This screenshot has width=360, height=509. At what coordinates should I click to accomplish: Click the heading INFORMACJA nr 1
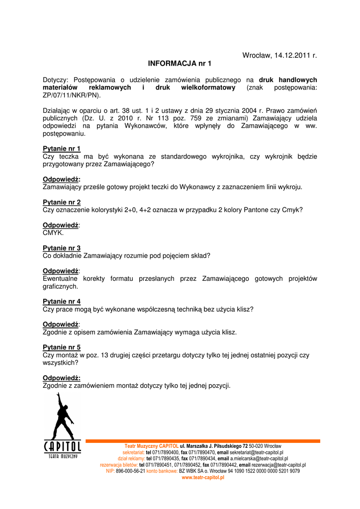[x=180, y=64]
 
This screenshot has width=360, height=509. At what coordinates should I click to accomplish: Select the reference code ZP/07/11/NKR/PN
[x=71, y=95]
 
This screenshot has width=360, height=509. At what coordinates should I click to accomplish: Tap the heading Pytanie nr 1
[x=62, y=149]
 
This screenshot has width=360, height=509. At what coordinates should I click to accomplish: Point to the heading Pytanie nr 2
[x=62, y=202]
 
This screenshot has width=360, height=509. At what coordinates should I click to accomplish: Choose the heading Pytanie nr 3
[x=62, y=248]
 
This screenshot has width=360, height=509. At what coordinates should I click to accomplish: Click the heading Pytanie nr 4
[x=62, y=301]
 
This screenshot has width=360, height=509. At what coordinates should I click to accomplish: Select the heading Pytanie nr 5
[x=62, y=347]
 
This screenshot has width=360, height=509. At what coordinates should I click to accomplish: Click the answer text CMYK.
[x=54, y=233]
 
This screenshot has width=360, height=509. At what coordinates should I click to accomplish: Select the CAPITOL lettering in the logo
[x=63, y=446]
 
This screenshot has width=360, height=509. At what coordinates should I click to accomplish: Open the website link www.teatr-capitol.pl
[x=203, y=477]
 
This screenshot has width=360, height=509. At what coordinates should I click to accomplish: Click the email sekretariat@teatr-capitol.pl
[x=257, y=452]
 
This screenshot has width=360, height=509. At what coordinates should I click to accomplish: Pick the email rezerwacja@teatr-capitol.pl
[x=278, y=465]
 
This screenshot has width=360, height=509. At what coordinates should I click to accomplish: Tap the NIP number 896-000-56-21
[x=130, y=471]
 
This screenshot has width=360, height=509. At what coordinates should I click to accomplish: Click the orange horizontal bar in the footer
[x=203, y=441]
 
